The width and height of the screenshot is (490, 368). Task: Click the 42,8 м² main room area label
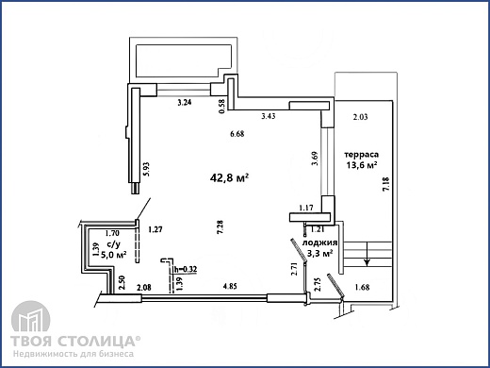coord(229,178)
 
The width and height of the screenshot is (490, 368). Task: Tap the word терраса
coord(362,155)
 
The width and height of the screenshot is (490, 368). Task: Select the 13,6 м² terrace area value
coord(362,165)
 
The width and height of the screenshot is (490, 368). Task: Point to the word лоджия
coord(319,243)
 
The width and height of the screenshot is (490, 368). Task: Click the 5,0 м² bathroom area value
coord(113,255)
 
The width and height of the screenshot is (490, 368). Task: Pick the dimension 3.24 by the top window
coord(185,102)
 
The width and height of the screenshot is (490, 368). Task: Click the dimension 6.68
coord(237,134)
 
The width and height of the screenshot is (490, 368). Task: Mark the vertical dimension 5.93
coord(146,169)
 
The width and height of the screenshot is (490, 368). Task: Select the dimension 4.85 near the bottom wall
coord(230,286)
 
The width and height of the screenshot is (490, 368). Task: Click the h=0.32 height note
coord(186,269)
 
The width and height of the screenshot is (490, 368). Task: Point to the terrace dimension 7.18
coord(386,184)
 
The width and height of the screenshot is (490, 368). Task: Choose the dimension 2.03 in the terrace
coord(360,117)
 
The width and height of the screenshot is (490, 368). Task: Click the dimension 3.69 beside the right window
coord(316,159)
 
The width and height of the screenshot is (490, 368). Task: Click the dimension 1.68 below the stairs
coord(362,287)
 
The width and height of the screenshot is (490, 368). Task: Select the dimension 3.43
coord(269,116)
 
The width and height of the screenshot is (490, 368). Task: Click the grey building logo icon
coord(30,316)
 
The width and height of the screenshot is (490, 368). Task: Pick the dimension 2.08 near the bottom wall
coord(144,287)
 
